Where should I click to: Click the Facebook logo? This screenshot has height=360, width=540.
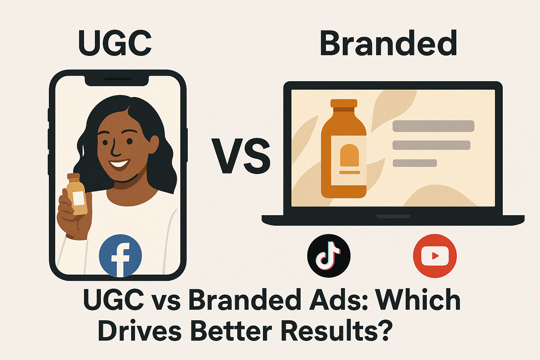tap(120, 256)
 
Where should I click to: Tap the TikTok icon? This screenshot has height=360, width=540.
tap(329, 256)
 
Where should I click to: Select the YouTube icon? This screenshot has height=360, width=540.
tap(435, 256)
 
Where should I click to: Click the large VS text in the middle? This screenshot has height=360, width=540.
tap(241, 157)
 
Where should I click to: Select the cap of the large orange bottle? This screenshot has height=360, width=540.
tap(343, 103)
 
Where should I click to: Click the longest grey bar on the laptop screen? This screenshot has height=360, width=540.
tap(433, 126)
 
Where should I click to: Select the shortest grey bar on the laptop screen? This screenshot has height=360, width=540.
tap(414, 163)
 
